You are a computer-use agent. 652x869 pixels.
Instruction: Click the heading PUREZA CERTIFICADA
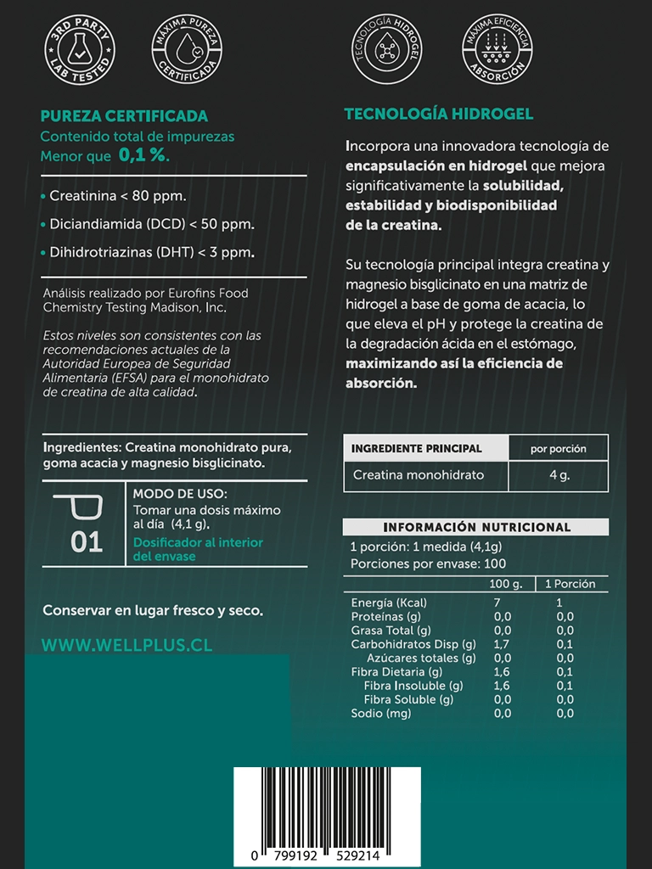pos(124,116)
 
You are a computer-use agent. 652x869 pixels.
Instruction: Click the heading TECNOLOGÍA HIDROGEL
pos(438,114)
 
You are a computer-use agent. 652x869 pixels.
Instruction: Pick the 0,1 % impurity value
pos(143,155)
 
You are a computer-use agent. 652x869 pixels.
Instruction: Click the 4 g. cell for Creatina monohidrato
pos(559,475)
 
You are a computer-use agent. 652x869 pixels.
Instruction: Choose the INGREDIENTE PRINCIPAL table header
pos(416,448)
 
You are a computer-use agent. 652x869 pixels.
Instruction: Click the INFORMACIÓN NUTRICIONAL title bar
pos(476,527)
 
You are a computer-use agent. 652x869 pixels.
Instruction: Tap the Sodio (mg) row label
pos(381,713)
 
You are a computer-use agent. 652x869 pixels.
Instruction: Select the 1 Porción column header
pos(570,584)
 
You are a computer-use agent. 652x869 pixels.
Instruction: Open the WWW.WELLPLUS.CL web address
pos(126,645)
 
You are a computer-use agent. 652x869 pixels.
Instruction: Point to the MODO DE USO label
pos(180,494)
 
